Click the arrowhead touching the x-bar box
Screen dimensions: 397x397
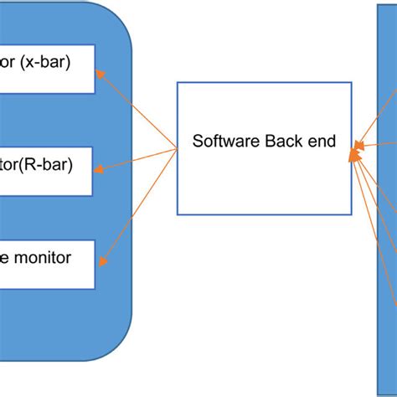[x=101, y=73]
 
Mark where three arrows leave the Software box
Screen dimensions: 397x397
[x=177, y=149]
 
